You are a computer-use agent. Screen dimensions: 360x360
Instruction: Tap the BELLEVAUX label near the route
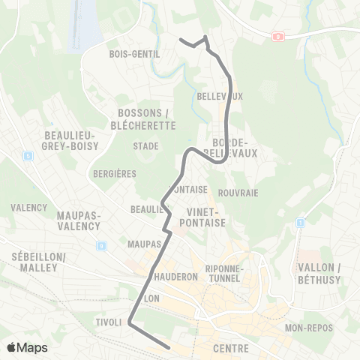(x=220, y=97)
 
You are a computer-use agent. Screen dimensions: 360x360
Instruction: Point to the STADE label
(x=145, y=146)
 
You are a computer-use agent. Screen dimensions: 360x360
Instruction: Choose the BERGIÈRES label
(x=115, y=173)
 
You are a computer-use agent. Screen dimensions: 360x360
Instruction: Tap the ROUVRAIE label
(x=239, y=193)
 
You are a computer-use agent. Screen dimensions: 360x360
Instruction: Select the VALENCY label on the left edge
(x=29, y=208)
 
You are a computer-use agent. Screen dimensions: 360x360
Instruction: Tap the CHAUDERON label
(x=174, y=276)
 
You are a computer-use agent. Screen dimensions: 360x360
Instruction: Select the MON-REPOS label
(x=309, y=328)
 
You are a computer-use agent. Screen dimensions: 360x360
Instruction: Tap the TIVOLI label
(x=108, y=322)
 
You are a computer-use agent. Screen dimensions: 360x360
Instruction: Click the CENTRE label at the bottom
(x=231, y=349)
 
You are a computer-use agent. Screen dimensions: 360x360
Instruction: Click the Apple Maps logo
(x=27, y=348)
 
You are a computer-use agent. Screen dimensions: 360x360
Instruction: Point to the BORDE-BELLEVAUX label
(x=235, y=147)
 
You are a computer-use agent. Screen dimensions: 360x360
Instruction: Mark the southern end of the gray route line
(x=169, y=347)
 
